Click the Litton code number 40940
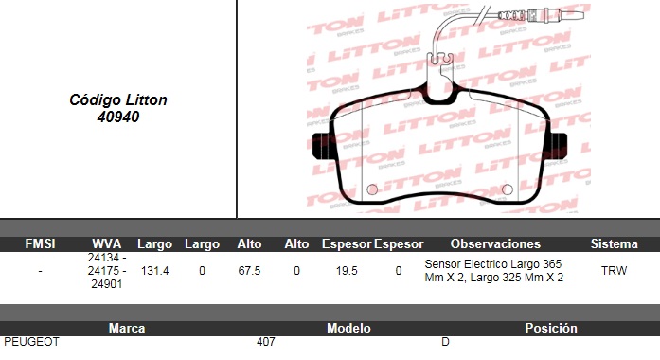(x=117, y=117)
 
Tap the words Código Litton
(x=118, y=99)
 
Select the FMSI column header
(x=40, y=243)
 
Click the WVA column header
(x=106, y=243)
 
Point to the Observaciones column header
(x=495, y=243)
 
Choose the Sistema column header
(x=615, y=243)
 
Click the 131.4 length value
(x=155, y=271)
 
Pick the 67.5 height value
(x=249, y=271)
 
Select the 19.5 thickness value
(x=347, y=271)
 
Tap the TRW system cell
(x=615, y=271)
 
